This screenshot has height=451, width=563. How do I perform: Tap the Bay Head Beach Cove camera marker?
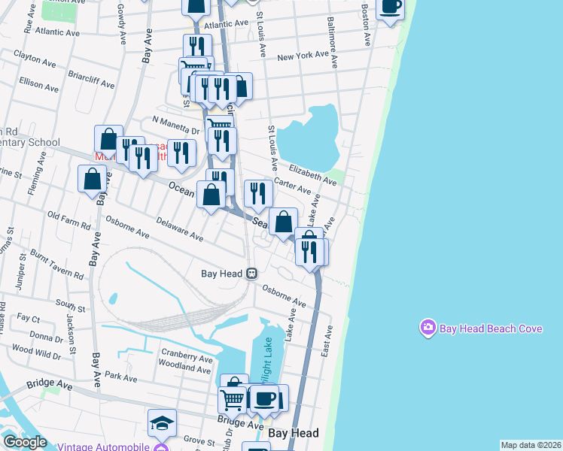click(x=428, y=328)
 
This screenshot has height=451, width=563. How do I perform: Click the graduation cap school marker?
click(x=162, y=423)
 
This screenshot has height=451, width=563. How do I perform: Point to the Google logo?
click(x=25, y=443)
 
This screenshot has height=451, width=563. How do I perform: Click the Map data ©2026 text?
click(x=531, y=445)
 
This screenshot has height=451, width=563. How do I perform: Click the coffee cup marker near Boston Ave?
click(x=390, y=7)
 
